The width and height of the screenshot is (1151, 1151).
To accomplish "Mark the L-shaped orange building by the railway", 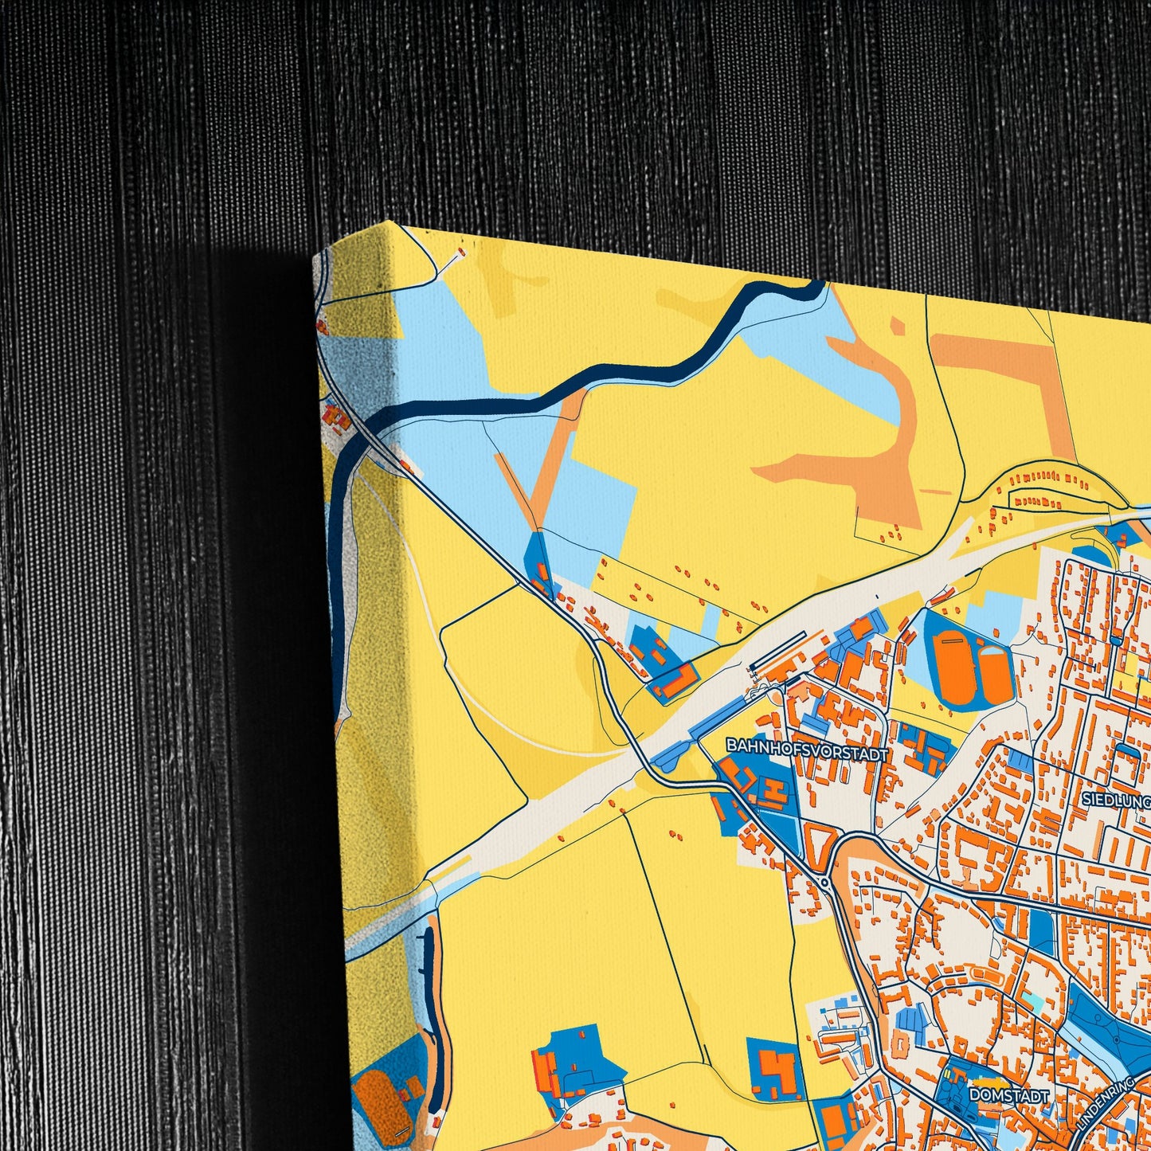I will click(x=678, y=681).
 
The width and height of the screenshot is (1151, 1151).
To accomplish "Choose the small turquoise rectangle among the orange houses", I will click(x=1032, y=1000).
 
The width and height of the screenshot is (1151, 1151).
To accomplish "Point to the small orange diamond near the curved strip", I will click(x=897, y=326).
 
